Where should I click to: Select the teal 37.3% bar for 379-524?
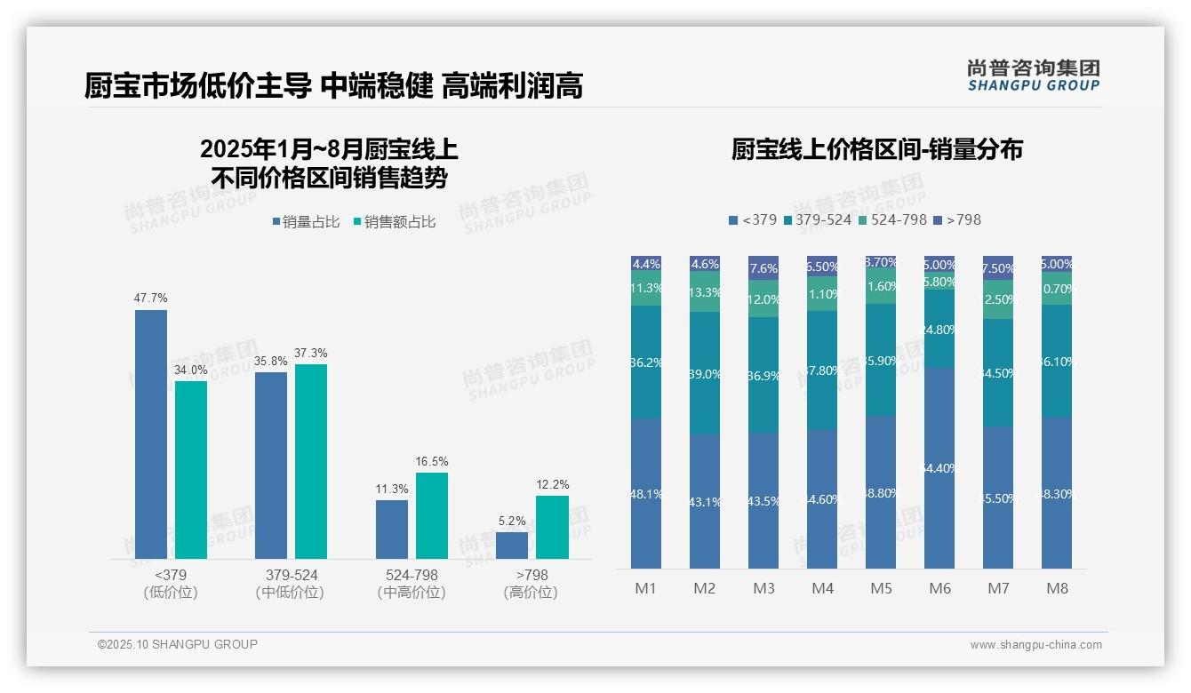tap(311, 461)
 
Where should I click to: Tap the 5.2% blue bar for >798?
tap(512, 545)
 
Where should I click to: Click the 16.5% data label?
tap(431, 462)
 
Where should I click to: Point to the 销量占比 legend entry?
tap(306, 222)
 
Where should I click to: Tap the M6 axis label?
tap(939, 588)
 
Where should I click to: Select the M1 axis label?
tap(645, 588)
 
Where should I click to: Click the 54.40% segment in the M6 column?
tap(939, 467)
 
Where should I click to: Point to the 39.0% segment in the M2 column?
tap(705, 373)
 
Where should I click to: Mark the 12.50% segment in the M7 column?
tap(998, 300)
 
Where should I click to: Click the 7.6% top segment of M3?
tap(763, 267)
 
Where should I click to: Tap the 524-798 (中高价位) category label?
tap(411, 584)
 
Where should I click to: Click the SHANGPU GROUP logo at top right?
tap(1033, 76)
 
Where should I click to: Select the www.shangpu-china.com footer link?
tap(1035, 645)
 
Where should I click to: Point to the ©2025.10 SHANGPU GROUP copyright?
tap(178, 645)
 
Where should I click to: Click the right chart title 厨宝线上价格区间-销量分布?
tap(876, 149)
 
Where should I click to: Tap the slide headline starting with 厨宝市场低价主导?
tap(333, 86)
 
